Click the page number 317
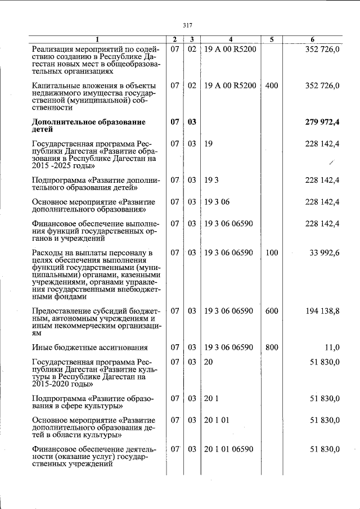click(x=188, y=25)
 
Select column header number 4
click(x=231, y=39)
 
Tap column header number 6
click(x=313, y=39)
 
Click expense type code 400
click(x=272, y=85)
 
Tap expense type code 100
click(x=272, y=253)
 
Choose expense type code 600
click(x=272, y=311)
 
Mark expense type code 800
click(x=272, y=347)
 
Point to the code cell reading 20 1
click(x=210, y=399)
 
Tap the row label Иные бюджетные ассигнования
click(x=90, y=348)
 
